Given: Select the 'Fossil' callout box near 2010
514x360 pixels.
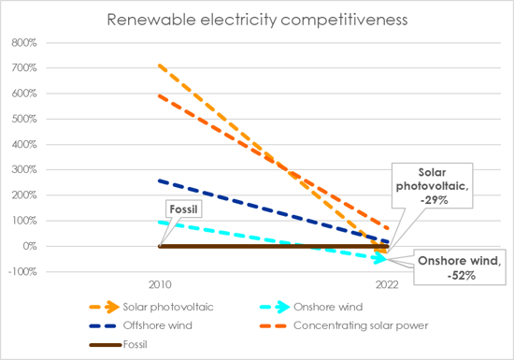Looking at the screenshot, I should (183, 210).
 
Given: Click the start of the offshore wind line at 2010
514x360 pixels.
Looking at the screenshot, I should (160, 180).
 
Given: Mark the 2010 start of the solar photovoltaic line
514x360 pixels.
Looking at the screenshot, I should (160, 65).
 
